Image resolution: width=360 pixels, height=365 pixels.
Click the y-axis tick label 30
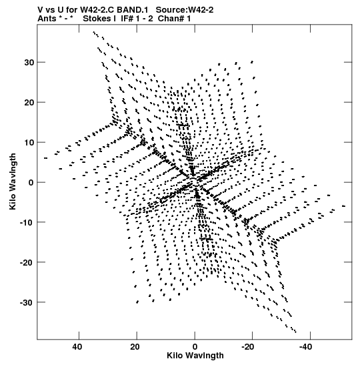(x=29, y=62)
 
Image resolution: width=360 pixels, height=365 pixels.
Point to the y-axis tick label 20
(x=29, y=102)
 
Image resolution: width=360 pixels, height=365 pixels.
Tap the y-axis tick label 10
(x=29, y=142)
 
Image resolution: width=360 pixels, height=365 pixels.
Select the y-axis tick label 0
(x=31, y=183)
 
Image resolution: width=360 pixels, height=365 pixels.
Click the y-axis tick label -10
(x=27, y=223)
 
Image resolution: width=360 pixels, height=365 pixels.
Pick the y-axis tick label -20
(x=27, y=263)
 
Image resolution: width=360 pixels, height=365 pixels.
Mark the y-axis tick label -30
(x=27, y=303)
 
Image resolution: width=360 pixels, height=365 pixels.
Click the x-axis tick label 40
(x=77, y=347)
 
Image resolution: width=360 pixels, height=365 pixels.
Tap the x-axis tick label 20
(x=135, y=347)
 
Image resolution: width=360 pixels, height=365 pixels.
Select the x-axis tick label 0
(x=195, y=347)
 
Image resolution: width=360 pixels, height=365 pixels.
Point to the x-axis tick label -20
(x=248, y=347)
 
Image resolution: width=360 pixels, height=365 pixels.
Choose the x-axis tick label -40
(x=305, y=347)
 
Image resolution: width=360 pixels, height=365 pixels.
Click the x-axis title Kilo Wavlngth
(x=195, y=356)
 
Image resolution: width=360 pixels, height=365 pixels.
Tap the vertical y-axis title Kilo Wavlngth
(x=13, y=181)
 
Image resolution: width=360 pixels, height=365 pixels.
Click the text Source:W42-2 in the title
(x=185, y=10)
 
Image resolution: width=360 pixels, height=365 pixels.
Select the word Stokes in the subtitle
(x=97, y=19)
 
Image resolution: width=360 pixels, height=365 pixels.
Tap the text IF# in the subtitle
(x=127, y=19)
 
